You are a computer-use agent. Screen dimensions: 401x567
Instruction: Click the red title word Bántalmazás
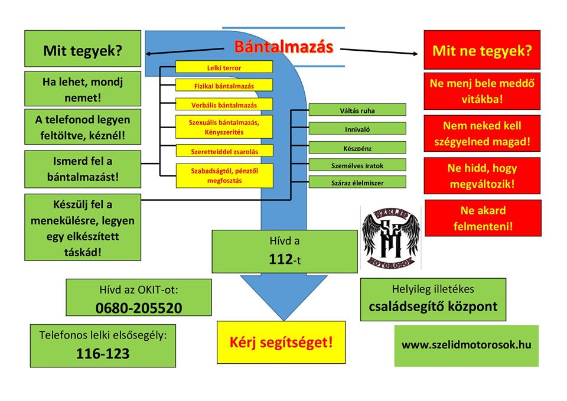[283, 47]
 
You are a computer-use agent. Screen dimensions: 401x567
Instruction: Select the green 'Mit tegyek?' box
[83, 50]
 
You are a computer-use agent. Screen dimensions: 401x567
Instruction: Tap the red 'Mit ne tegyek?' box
[482, 50]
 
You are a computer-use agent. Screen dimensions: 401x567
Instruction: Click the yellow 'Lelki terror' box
[224, 67]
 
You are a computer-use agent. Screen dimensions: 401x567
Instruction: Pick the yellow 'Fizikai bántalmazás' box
[224, 86]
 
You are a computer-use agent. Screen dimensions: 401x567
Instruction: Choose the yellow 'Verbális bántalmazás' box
[224, 105]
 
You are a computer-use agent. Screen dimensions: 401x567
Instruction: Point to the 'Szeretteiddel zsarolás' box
[224, 151]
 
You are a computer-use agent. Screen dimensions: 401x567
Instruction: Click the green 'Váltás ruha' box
[357, 110]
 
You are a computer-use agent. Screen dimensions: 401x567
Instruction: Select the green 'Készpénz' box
[357, 147]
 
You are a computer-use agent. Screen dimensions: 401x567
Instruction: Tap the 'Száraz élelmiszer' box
[357, 182]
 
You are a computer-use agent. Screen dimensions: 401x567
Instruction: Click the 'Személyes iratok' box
[357, 165]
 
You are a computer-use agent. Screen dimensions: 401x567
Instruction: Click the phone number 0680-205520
[139, 308]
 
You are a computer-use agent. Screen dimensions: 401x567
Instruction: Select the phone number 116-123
[103, 354]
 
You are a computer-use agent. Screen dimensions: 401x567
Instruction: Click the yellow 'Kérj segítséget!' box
[281, 342]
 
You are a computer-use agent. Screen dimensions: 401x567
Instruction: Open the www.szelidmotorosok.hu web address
[466, 345]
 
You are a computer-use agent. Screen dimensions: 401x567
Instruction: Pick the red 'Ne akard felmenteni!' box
[483, 218]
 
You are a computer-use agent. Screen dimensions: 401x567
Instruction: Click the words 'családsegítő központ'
[433, 307]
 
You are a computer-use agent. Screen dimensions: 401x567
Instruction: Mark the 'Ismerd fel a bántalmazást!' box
[83, 168]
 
